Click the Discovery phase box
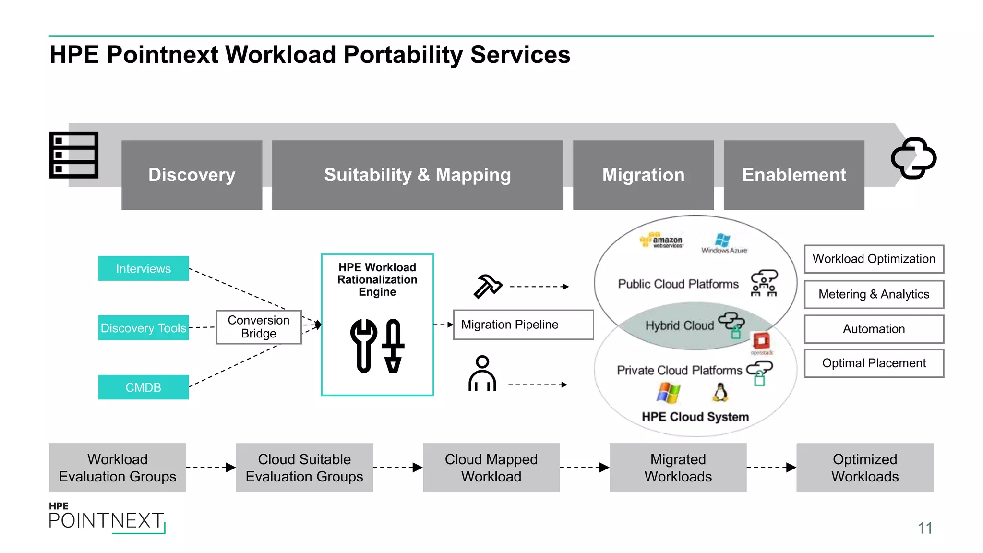[192, 175]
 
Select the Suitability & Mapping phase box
[417, 175]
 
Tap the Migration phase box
[643, 175]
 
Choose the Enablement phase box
[794, 175]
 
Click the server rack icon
[74, 155]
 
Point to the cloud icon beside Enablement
[913, 158]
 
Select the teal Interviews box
[143, 268]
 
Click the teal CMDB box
[143, 387]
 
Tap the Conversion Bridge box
[259, 327]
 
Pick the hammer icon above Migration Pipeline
[487, 286]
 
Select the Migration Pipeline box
[523, 325]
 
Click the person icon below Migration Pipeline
[482, 374]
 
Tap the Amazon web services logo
[662, 240]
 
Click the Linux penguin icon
[719, 392]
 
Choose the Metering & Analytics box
[874, 294]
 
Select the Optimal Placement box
[874, 363]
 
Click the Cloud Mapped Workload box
[491, 468]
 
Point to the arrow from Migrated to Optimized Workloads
[771, 468]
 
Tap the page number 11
[924, 528]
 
